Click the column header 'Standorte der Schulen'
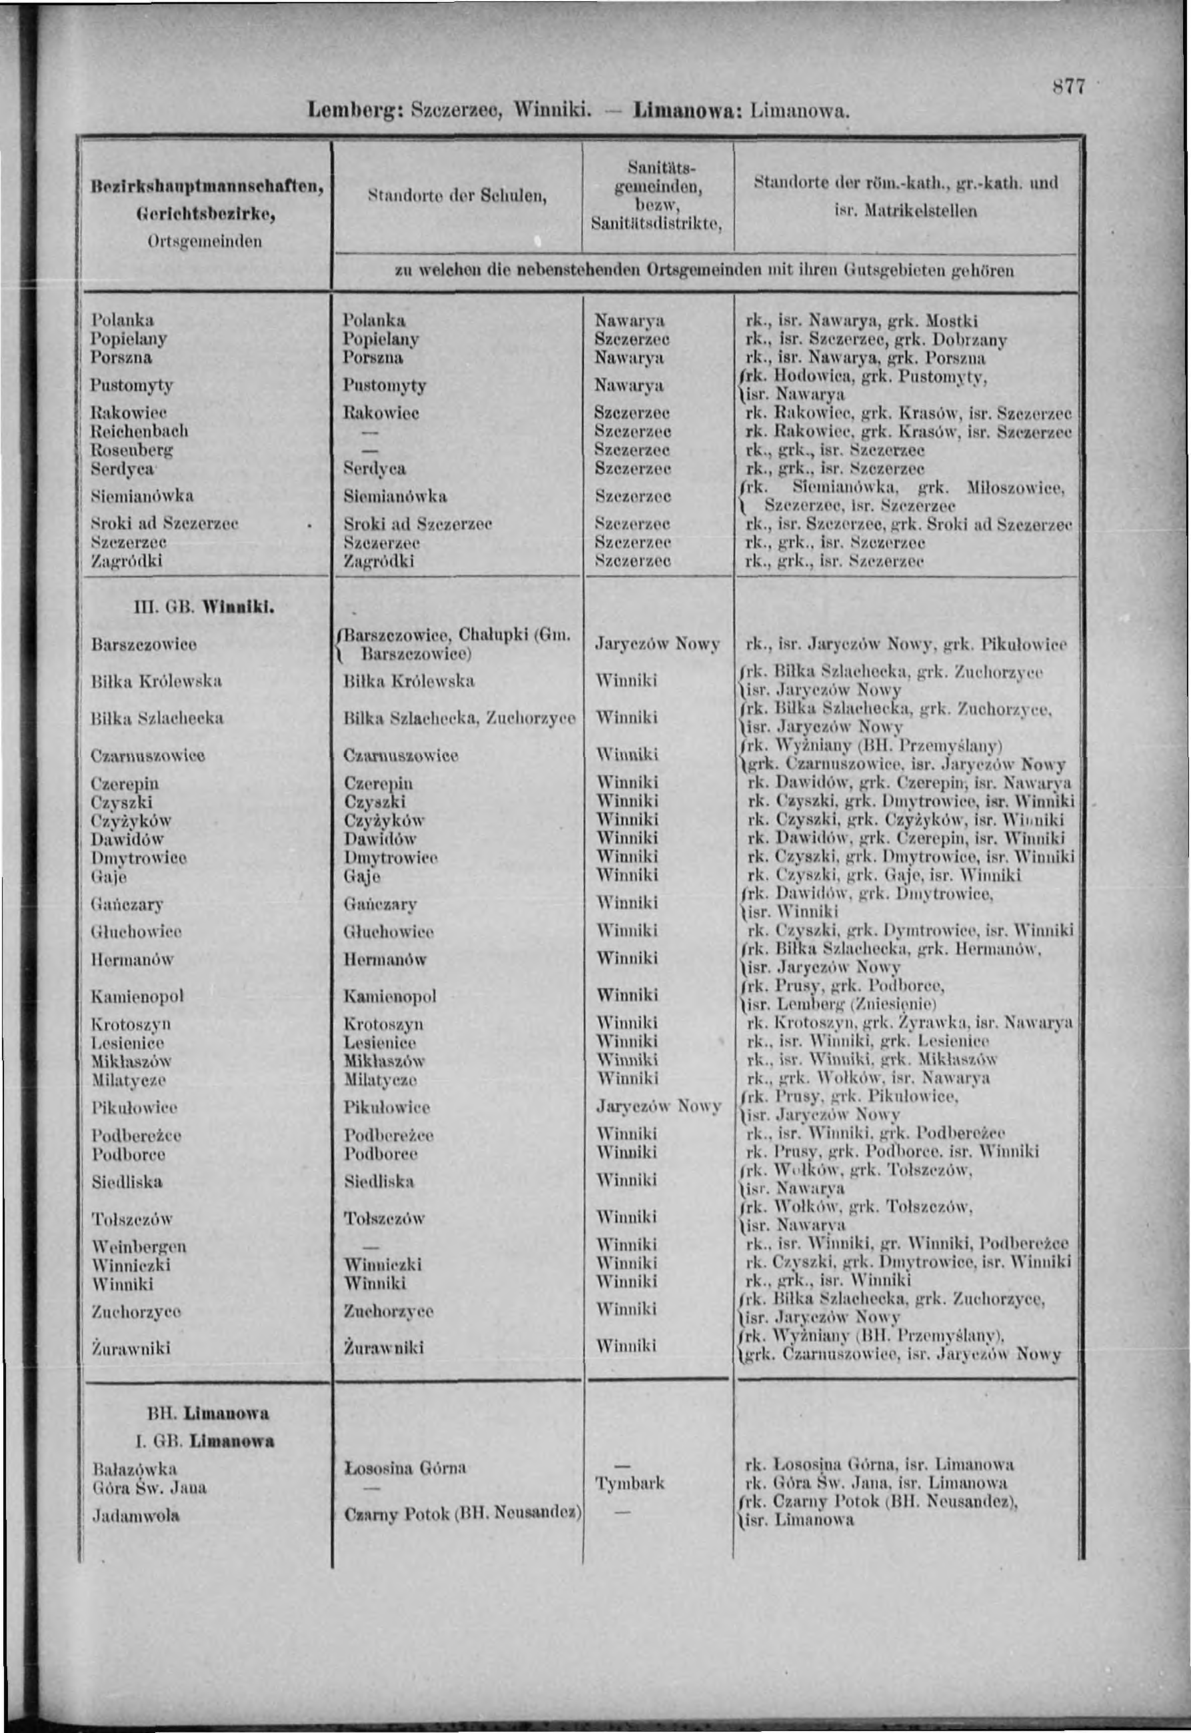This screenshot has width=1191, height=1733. (x=457, y=196)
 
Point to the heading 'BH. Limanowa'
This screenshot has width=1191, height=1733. (x=208, y=1413)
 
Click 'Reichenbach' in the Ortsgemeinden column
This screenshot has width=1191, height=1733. (x=139, y=431)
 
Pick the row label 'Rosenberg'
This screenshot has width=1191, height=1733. (x=132, y=449)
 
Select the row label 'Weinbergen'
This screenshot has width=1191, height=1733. (x=139, y=1246)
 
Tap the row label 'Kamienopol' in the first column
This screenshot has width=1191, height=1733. (x=137, y=996)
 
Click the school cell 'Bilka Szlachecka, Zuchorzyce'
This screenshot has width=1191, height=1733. (x=459, y=718)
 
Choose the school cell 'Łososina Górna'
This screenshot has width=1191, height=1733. (x=405, y=1468)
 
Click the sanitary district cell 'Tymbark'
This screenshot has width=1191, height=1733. (x=629, y=1483)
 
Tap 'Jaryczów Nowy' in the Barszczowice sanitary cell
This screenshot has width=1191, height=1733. (x=657, y=643)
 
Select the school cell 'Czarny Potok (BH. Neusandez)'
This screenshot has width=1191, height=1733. (x=462, y=1514)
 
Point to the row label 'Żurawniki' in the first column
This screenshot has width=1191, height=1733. (x=131, y=1347)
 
